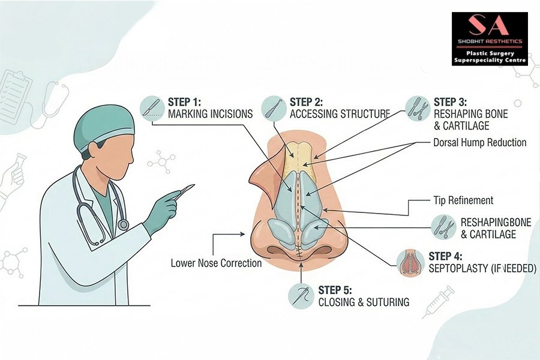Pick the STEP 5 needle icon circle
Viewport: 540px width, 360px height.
click(x=301, y=296)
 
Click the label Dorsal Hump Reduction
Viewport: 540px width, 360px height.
click(x=479, y=143)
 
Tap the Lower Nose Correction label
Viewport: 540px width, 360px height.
click(x=216, y=263)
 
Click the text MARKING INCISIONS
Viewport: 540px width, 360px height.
click(x=211, y=114)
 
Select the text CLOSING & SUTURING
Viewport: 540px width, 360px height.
click(x=364, y=302)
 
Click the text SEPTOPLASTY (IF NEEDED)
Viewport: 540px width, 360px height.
click(x=482, y=268)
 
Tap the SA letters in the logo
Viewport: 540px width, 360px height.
click(x=488, y=26)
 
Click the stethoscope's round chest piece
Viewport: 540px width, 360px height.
click(x=123, y=224)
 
